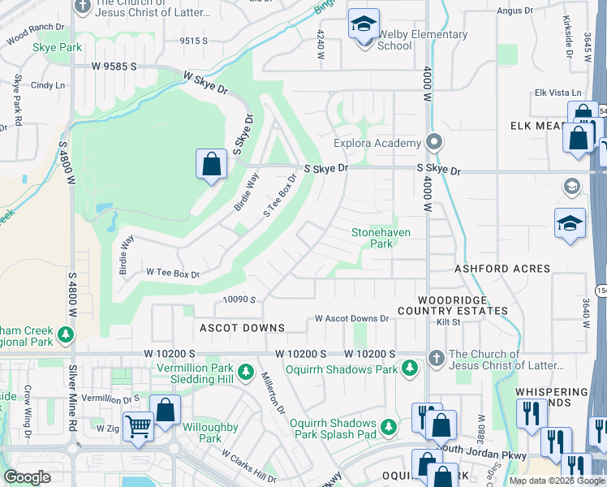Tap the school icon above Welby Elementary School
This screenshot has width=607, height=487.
(364, 24)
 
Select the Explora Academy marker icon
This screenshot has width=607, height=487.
(435, 143)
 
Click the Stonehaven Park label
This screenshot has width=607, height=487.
(381, 238)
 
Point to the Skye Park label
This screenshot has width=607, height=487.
(57, 48)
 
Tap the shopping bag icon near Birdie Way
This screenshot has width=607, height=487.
(211, 164)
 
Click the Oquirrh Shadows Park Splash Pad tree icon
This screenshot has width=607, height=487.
(389, 426)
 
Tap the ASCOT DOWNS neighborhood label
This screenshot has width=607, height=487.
(243, 328)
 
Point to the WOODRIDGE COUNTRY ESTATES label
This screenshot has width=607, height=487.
(452, 305)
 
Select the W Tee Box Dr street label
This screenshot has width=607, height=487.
(172, 274)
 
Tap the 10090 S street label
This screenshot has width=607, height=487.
(239, 300)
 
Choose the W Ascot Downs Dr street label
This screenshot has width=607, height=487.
(352, 319)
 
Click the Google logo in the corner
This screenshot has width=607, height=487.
(28, 477)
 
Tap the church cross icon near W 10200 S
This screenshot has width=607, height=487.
(436, 358)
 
